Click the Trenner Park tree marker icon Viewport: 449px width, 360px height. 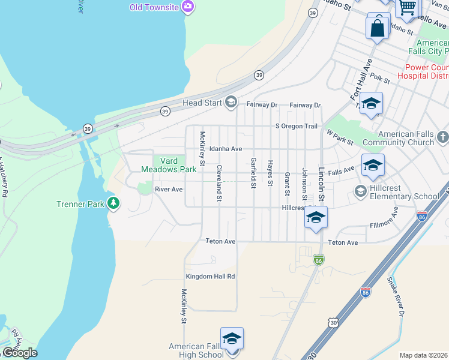click(113, 204)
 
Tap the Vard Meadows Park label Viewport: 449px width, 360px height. click(169, 165)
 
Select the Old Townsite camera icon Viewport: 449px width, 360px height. click(188, 7)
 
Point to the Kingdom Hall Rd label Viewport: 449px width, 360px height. click(210, 277)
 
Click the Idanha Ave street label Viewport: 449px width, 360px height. click(226, 149)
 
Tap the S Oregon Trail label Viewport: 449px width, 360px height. click(296, 126)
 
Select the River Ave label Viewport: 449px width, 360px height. click(169, 189)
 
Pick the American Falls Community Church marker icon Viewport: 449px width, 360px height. click(443, 137)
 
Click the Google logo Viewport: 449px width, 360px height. click(20, 353)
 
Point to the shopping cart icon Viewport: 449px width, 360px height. click(408, 7)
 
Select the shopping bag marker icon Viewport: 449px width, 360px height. click(378, 27)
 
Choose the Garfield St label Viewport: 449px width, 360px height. click(254, 172)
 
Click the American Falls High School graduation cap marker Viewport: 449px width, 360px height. click(232, 339)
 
